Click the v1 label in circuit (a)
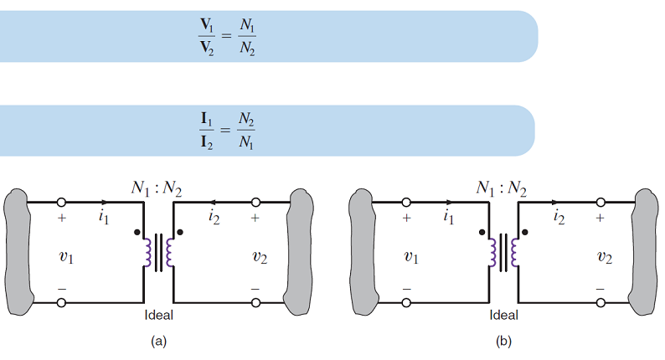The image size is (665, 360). pos(65,257)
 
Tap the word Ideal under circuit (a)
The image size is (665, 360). pos(159,316)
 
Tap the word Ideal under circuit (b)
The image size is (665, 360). pos(504,316)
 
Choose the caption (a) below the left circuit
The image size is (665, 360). pos(159,341)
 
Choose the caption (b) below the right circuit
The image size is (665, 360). pos(503,341)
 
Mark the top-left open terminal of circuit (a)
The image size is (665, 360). pos(61,203)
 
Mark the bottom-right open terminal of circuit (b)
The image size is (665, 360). pos(600,301)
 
